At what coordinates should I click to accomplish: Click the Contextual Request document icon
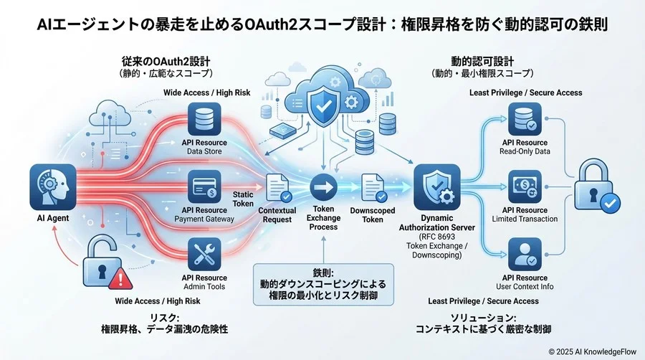[277, 189]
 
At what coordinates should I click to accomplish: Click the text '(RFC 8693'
[437, 236]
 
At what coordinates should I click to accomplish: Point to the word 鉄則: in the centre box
[322, 273]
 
